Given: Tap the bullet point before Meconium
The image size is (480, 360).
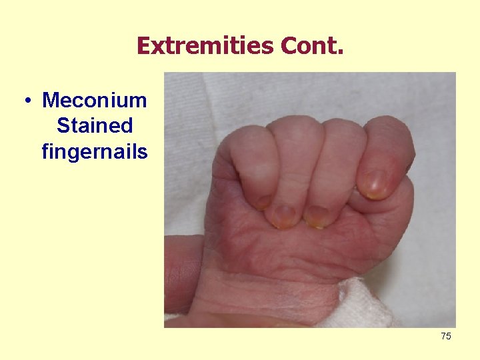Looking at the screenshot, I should [x=27, y=101].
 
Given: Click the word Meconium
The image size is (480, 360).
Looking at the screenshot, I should [x=94, y=101].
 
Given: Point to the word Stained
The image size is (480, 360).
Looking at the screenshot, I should [x=95, y=126].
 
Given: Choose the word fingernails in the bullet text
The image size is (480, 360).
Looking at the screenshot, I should [x=94, y=152].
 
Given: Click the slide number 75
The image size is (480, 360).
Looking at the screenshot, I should [x=445, y=336].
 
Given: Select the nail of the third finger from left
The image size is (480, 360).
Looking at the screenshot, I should [x=317, y=215].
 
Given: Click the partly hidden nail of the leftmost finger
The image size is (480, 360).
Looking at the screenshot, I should [x=264, y=201].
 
